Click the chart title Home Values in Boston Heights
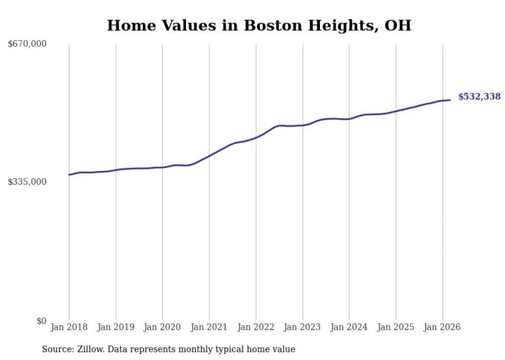[x=259, y=25]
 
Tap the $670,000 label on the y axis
[x=27, y=44]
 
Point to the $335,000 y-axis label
[x=27, y=182]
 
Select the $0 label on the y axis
[x=41, y=321]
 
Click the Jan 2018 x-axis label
[x=69, y=327]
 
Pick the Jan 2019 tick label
[x=116, y=327]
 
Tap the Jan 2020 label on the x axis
[x=162, y=327]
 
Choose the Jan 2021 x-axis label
[x=209, y=327]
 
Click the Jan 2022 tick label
[x=256, y=327]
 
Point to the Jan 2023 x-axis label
[x=302, y=327]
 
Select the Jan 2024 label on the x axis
[x=349, y=327]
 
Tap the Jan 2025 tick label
[x=396, y=327]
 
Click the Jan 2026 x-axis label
[x=442, y=327]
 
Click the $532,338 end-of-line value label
[x=479, y=97]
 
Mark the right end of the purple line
[x=450, y=100]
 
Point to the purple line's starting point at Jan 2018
[x=69, y=175]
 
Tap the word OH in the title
[x=398, y=25]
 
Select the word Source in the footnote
[x=56, y=349]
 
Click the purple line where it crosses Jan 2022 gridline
[x=256, y=138]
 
